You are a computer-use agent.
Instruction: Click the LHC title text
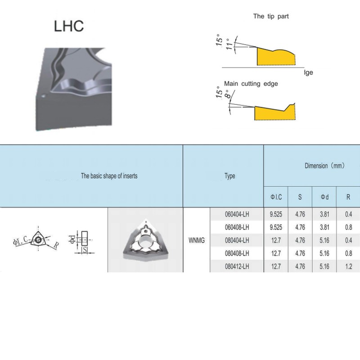pos(69,26)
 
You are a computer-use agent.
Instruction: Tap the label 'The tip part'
pos(271,16)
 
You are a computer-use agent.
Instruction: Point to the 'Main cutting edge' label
pos(251,84)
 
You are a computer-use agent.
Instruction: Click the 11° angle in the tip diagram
pos(229,44)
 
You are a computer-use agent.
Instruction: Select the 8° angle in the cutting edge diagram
pos(227,94)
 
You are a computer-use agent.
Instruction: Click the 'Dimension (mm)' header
pos(324,166)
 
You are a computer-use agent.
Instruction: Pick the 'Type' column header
pos(230,176)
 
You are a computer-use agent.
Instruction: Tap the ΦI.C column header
pos(276,197)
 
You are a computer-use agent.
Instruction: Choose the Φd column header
pos(324,197)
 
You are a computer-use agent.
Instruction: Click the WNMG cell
pos(197,240)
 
